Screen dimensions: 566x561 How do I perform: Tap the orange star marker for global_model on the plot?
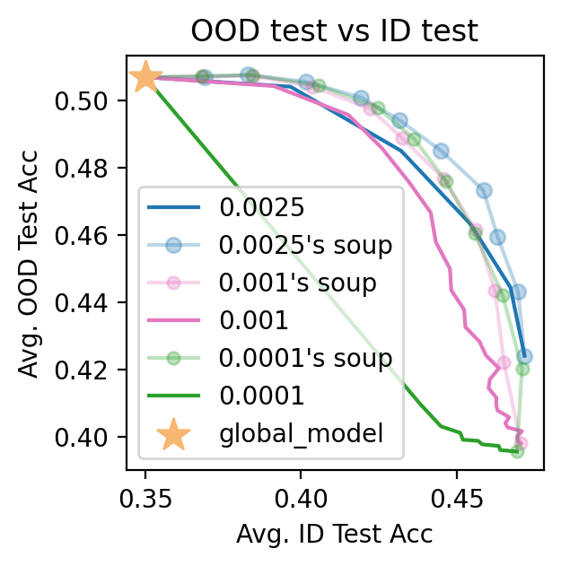(145, 78)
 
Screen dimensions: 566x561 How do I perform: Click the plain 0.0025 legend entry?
(262, 207)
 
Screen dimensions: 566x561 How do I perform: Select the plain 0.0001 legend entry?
(262, 396)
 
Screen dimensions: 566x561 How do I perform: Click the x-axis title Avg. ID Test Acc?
(334, 535)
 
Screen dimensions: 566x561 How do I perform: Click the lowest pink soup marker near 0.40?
(521, 443)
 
